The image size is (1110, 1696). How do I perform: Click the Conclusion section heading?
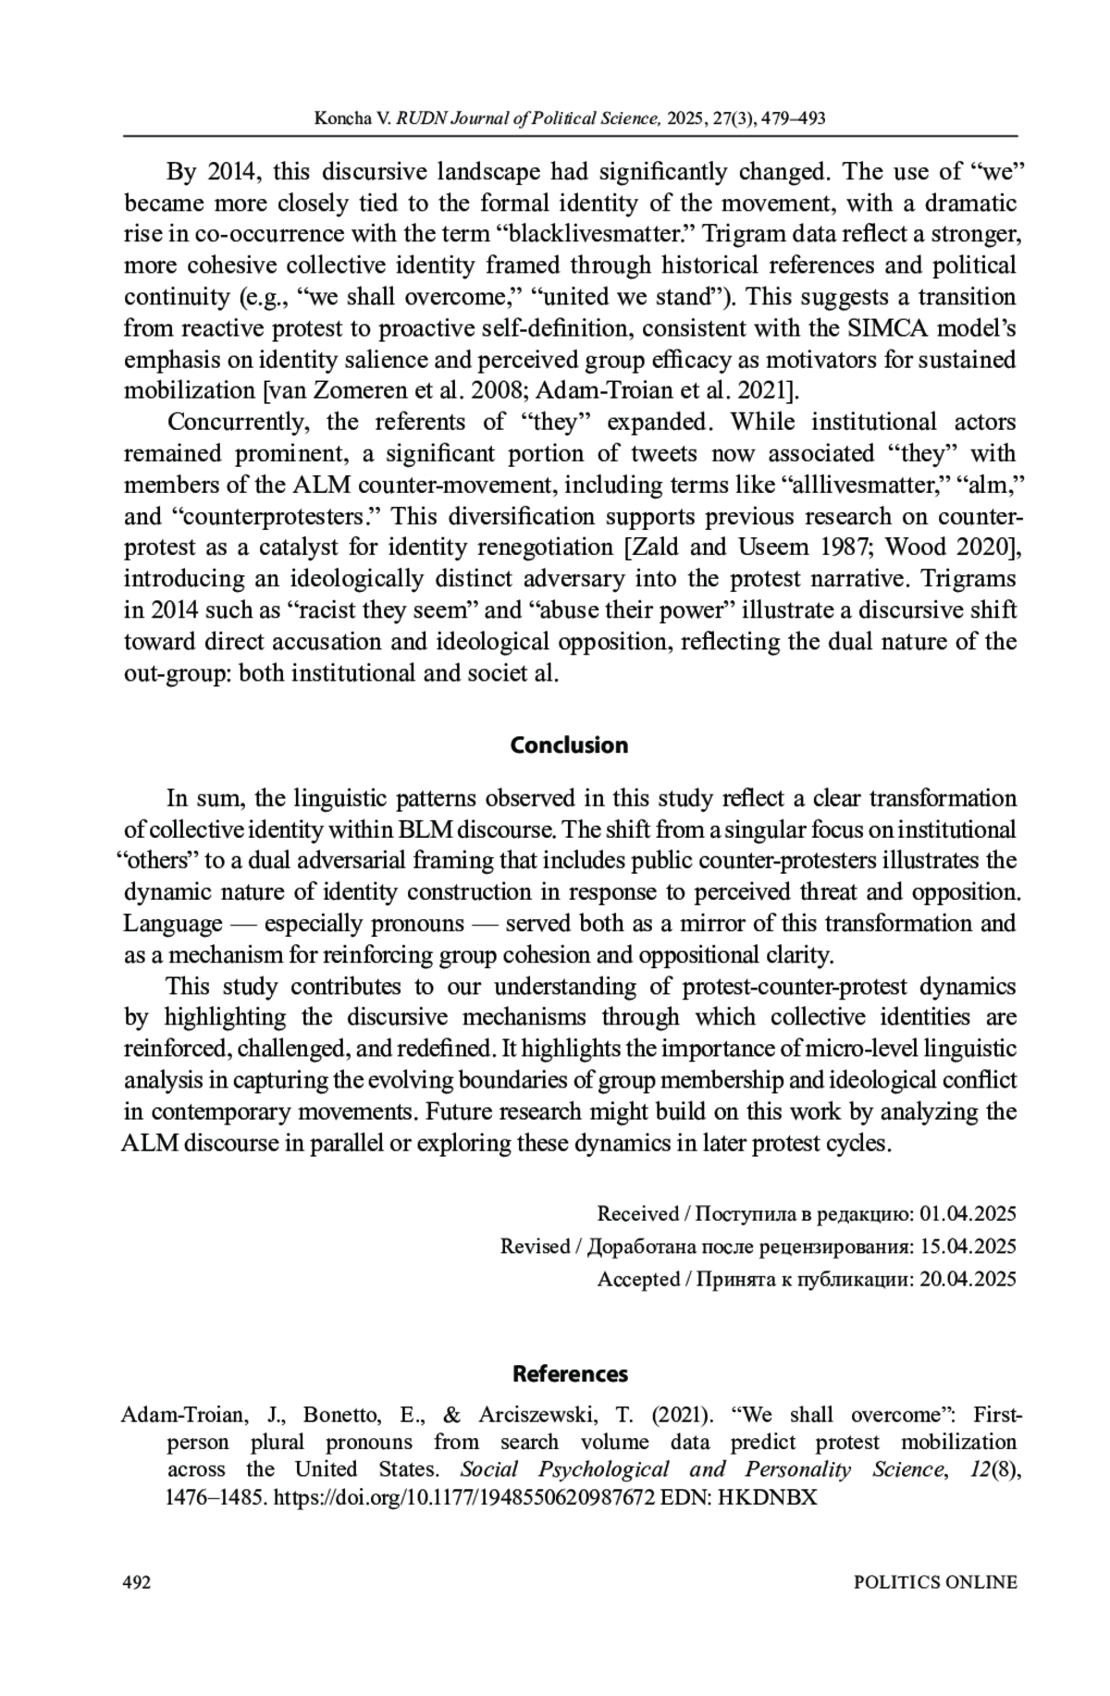pos(569,745)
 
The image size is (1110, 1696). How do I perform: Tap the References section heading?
pos(570,1374)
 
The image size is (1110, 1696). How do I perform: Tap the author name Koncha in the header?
pos(341,118)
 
